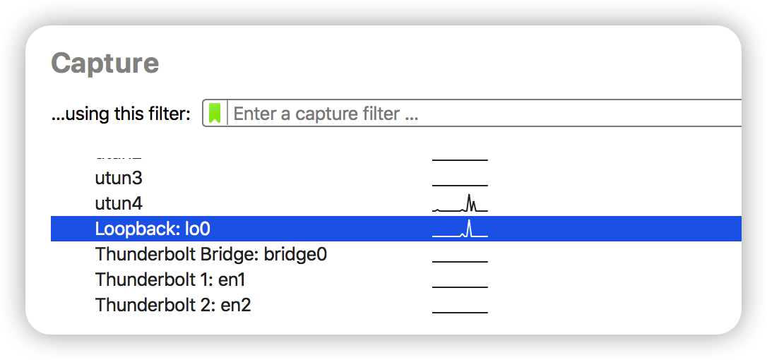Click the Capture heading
(x=105, y=64)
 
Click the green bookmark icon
(x=215, y=113)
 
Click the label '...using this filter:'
(x=121, y=114)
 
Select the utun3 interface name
(x=118, y=178)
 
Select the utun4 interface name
(x=118, y=203)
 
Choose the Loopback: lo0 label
(x=153, y=229)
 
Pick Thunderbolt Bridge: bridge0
(x=210, y=254)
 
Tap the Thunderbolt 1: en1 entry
(x=170, y=280)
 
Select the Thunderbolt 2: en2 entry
(x=173, y=305)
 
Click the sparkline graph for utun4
(x=460, y=205)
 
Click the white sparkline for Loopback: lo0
(x=460, y=230)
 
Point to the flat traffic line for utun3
(x=460, y=185)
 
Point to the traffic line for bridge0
(x=460, y=261)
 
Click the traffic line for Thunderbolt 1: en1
(x=460, y=287)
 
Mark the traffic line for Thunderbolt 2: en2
(x=460, y=312)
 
